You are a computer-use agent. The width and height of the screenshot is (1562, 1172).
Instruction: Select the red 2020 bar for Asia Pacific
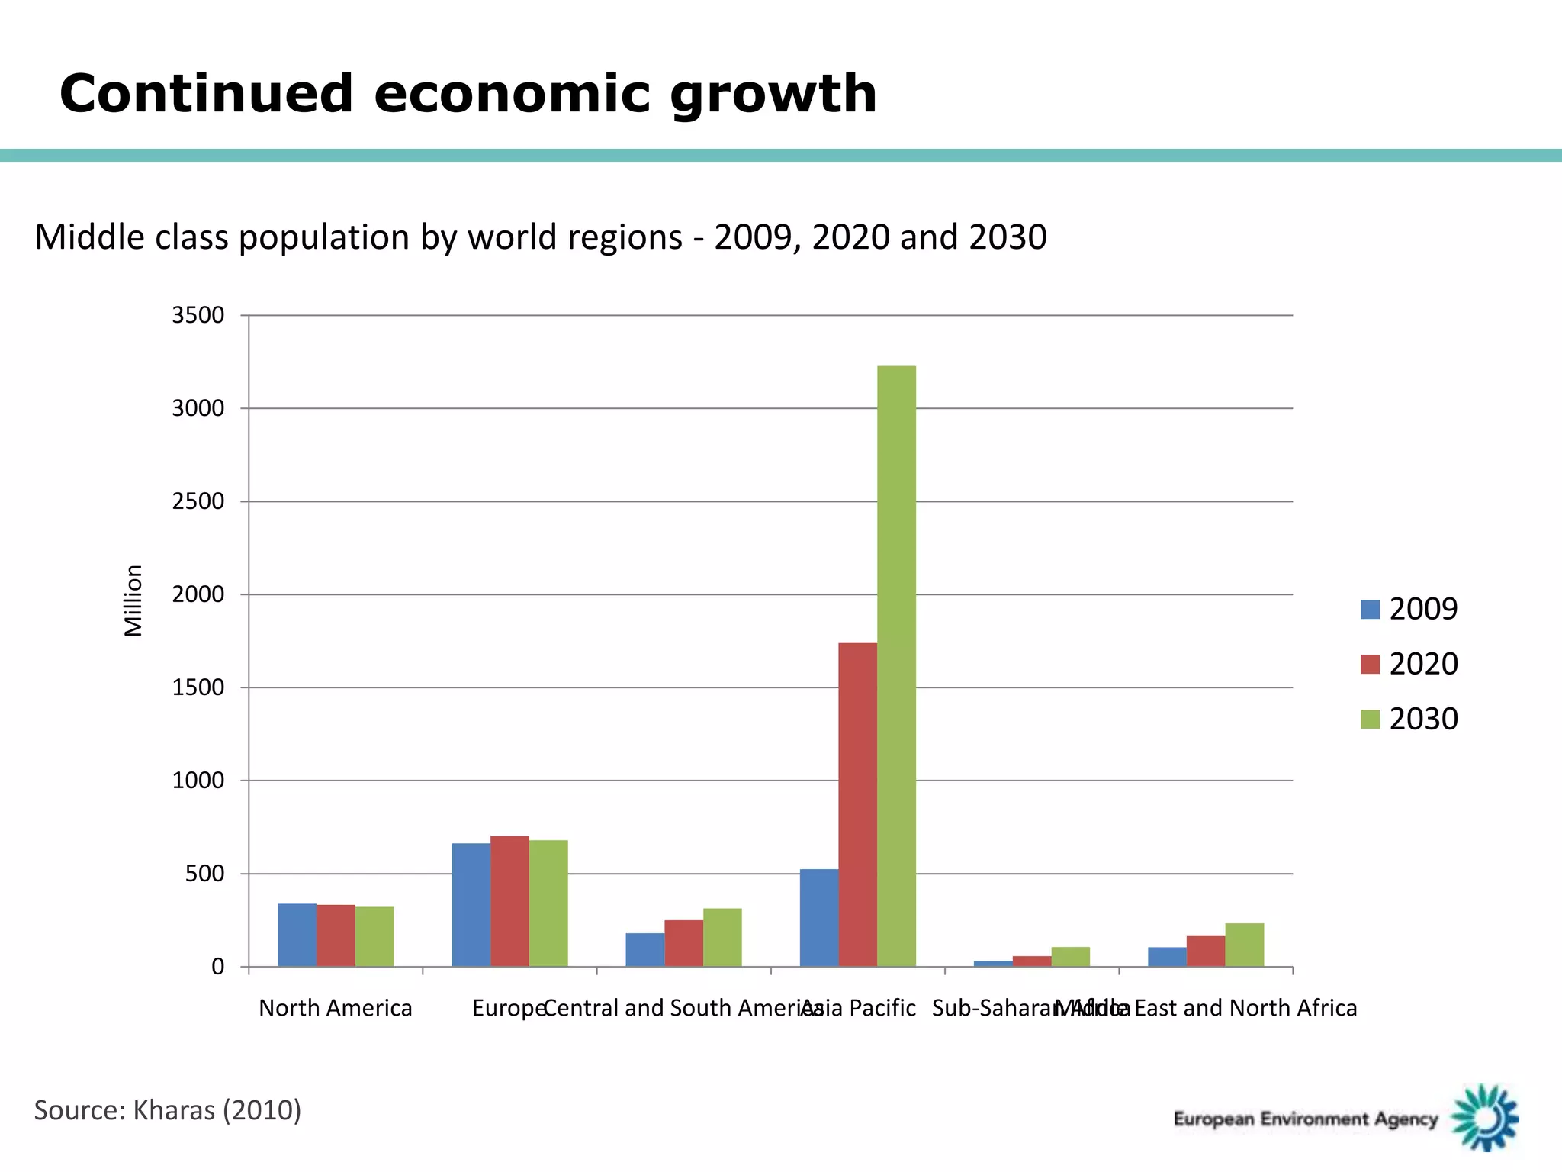[x=857, y=804]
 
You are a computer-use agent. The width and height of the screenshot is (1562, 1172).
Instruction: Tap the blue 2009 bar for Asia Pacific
[x=818, y=918]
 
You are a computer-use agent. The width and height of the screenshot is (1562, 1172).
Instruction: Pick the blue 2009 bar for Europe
[x=471, y=905]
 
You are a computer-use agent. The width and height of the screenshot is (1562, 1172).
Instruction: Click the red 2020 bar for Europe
[x=509, y=901]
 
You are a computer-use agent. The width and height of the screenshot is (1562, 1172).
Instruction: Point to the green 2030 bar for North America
[x=374, y=937]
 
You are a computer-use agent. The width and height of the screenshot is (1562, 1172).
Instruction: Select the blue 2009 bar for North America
[x=297, y=935]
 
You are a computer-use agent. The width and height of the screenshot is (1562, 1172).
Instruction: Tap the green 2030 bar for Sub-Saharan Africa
[x=1070, y=957]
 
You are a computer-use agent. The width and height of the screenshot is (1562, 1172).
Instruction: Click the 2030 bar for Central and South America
[x=722, y=938]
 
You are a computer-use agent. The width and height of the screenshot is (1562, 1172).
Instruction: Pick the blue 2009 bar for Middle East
[x=1167, y=957]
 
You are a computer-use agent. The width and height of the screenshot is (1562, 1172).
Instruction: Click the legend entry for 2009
[x=1409, y=609]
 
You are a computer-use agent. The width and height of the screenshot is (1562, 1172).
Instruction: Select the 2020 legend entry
[x=1409, y=664]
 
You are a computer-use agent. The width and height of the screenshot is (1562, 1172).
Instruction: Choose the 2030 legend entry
[x=1409, y=719]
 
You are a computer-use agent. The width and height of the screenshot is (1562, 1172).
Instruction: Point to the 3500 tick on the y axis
[x=198, y=315]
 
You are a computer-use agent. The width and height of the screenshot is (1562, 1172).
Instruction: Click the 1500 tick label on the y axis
[x=198, y=687]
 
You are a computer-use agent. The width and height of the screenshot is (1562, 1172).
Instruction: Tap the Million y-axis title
[x=133, y=600]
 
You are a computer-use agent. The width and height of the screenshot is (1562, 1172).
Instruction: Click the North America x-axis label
[x=336, y=1008]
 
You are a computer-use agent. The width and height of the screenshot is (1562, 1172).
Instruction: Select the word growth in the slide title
[x=773, y=95]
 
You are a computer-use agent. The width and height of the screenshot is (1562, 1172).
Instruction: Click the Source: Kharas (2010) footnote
[x=168, y=1109]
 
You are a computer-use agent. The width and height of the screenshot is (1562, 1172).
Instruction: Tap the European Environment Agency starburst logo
[x=1485, y=1118]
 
